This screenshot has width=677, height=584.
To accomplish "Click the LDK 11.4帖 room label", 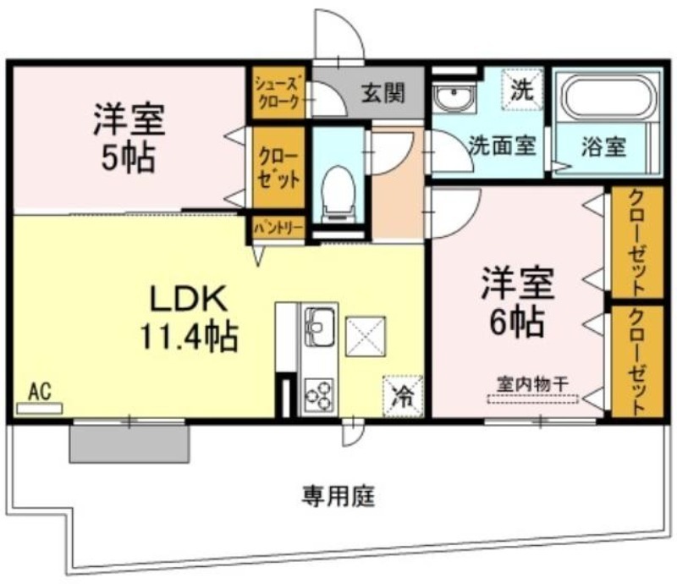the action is coord(189,317).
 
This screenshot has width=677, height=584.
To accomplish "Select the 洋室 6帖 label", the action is coord(517,302).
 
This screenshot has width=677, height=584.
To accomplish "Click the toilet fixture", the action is coord(338,193).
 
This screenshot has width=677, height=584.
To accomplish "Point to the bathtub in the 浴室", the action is coord(607,96).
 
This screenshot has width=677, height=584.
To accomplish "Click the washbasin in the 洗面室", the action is coord(454,98).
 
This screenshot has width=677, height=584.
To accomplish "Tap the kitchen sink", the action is coord(320,327).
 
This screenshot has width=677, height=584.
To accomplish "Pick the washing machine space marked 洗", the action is coord(521,90).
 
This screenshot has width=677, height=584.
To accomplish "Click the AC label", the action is coord(40,391).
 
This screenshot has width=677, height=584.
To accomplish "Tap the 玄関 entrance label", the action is coord(383,93).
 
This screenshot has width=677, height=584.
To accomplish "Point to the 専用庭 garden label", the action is coord(338,495).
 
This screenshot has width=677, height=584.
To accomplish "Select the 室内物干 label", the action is coord(532,384).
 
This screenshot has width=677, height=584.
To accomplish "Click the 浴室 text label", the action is coord(603,146).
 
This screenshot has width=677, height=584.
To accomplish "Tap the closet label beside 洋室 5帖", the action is coord(278,168).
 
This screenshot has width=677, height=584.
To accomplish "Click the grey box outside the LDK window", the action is coord(129,444).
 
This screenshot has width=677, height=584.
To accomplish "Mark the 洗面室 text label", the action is coord(503,145).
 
